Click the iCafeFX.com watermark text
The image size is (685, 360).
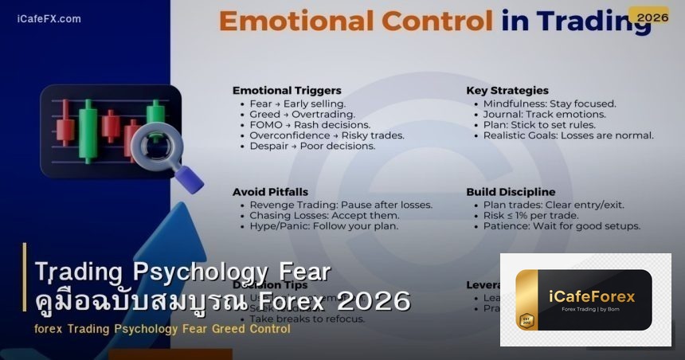pos(49,18)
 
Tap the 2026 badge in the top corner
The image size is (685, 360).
pos(648,17)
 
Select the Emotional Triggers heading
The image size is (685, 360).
pos(287,90)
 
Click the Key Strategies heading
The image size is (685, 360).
pos(507,90)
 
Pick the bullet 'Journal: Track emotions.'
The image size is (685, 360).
pos(544,115)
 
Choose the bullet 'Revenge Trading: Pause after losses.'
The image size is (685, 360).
pos(341,205)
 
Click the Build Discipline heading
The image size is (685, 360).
pos(511,192)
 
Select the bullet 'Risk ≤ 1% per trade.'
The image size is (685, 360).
pos(530,215)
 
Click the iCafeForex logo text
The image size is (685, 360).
pos(592,296)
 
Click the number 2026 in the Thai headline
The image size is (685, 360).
pos(374,301)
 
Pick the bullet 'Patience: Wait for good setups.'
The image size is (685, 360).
pos(562,225)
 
